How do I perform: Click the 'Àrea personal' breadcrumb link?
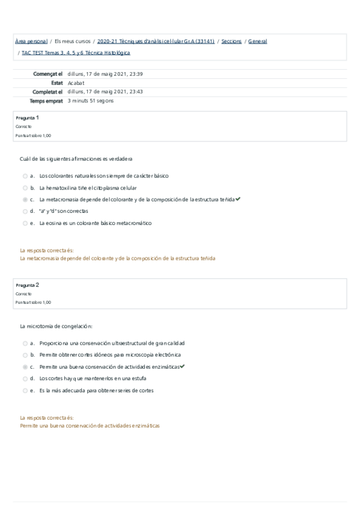31,41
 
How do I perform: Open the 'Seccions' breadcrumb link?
231,41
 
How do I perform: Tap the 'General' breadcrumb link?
257,41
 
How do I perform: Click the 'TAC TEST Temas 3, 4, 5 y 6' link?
76,53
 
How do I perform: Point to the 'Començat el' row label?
49,74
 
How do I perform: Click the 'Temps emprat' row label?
46,101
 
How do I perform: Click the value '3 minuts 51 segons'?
91,101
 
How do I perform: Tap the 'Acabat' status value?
76,83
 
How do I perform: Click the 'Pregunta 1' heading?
28,117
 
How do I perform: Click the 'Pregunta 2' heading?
28,284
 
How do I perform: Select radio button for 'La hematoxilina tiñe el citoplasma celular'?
25,188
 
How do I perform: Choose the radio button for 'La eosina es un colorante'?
25,223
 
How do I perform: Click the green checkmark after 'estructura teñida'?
238,199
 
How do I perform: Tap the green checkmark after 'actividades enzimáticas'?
182,366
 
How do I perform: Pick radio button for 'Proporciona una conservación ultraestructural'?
25,343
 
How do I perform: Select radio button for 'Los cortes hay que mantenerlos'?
25,378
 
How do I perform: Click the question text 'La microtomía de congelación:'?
56,326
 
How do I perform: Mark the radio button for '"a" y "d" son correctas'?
25,211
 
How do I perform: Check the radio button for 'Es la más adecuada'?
25,390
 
